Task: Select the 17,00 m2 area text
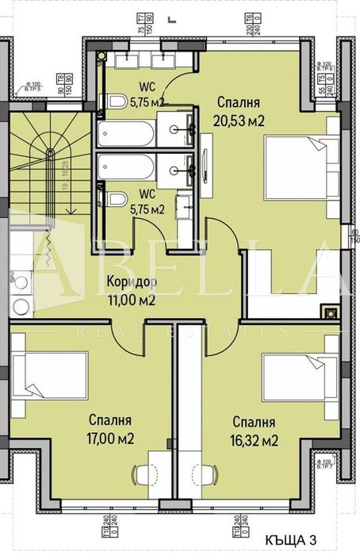(x=110, y=438)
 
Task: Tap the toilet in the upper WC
(x=116, y=101)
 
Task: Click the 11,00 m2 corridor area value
(x=131, y=300)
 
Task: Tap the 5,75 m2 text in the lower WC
(x=147, y=209)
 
